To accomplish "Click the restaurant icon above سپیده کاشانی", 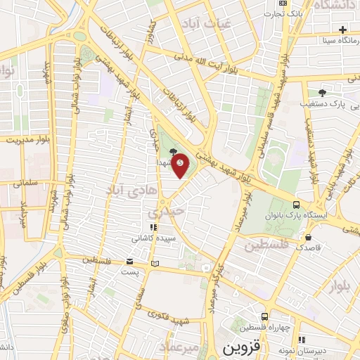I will point(151,228).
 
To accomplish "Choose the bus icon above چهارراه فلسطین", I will point(264,317).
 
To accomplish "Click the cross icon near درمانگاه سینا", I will point(342,30).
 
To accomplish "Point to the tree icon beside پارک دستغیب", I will point(322,91).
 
